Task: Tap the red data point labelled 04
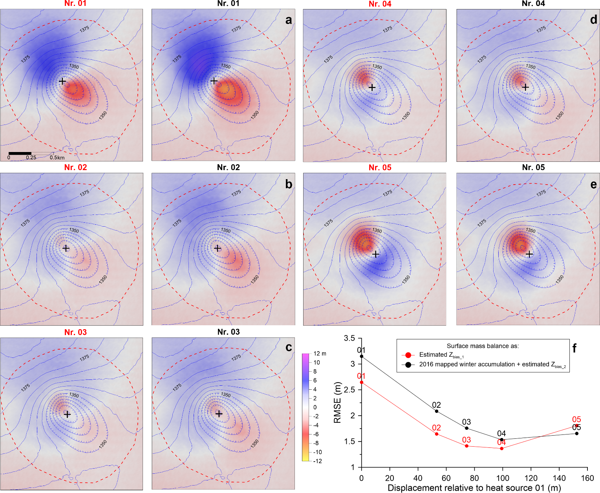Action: point(501,448)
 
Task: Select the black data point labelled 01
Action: point(362,356)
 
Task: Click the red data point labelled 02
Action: point(437,434)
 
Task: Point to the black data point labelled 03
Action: point(466,428)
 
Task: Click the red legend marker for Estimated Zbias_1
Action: point(408,355)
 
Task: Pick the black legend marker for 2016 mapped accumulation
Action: point(408,365)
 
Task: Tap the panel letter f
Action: point(574,348)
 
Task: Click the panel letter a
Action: point(289,20)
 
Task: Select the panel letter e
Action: point(593,184)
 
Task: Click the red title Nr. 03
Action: point(75,332)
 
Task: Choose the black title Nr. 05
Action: point(533,168)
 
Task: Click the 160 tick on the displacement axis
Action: point(587,478)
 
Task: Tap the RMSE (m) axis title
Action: point(337,402)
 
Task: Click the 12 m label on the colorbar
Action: point(320,354)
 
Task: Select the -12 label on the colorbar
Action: point(317,461)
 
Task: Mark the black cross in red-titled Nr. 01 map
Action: point(62,81)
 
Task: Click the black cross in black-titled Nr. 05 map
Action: point(529,254)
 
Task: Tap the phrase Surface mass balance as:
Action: point(483,346)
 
